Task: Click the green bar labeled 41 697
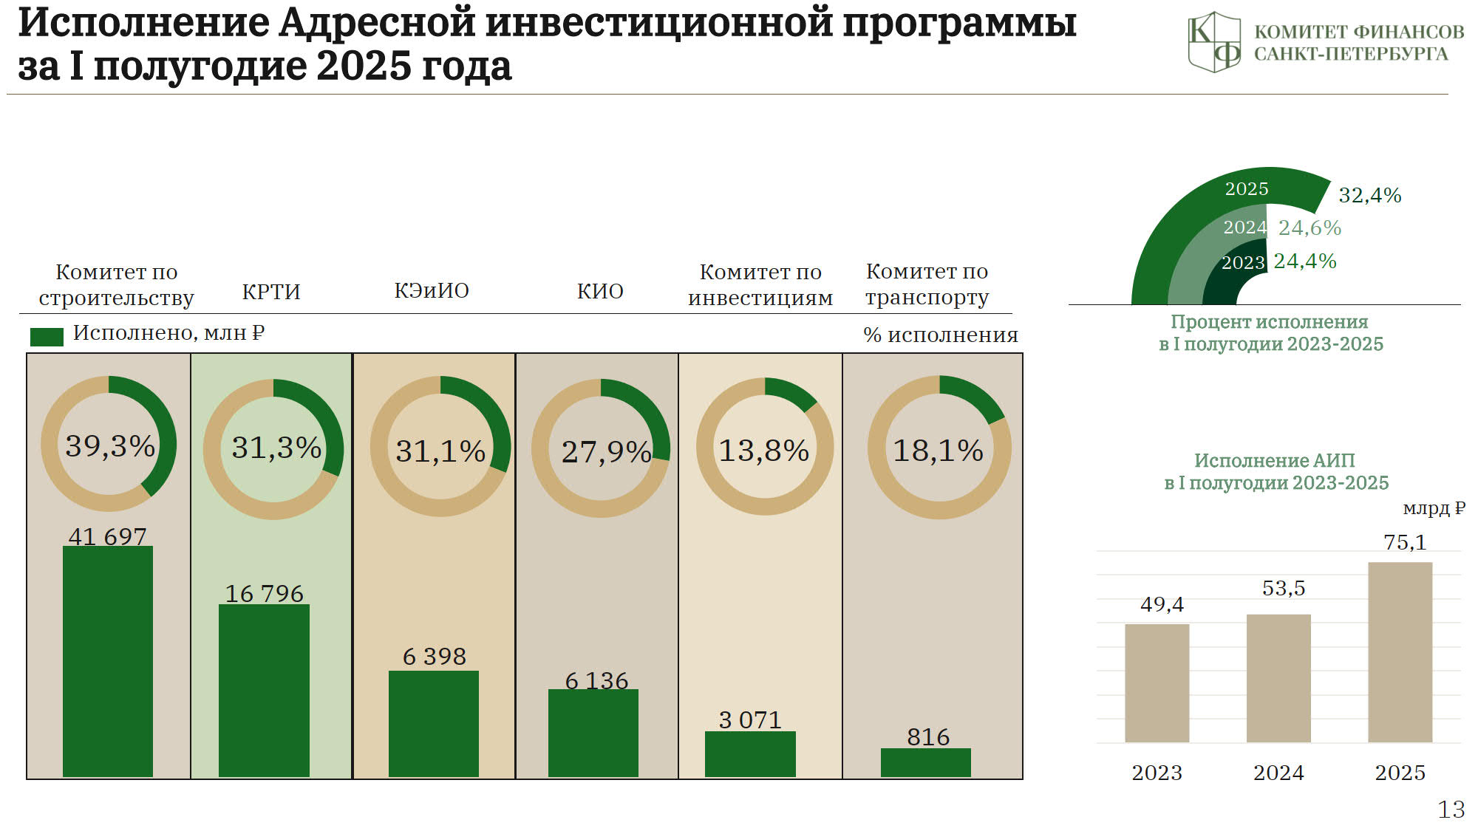pos(108,661)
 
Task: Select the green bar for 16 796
pos(264,691)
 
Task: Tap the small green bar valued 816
pos(926,762)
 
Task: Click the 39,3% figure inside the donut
pos(110,445)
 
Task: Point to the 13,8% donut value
pos(764,450)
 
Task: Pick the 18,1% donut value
pos(939,450)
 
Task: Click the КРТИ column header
pos(271,291)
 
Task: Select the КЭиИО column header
pos(432,290)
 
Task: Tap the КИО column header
pos(600,291)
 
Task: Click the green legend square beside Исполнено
pos(47,337)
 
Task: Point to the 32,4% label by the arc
pos(1370,195)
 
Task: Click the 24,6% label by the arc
pos(1310,228)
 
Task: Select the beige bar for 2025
pos(1400,652)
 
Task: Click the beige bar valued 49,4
pos(1157,683)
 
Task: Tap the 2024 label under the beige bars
pos(1278,773)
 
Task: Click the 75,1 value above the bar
pos(1405,542)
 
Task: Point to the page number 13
pos(1451,810)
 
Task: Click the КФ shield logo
pos(1214,41)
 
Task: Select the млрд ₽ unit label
pos(1434,508)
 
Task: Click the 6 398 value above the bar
pos(435,656)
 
